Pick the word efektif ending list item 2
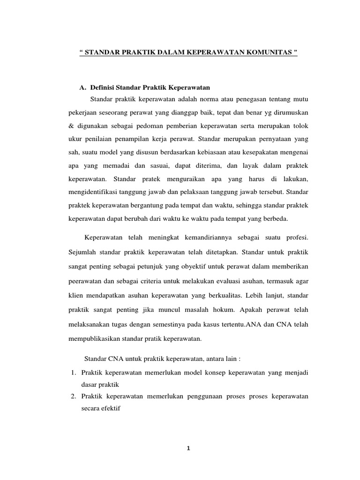(x=110, y=408)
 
